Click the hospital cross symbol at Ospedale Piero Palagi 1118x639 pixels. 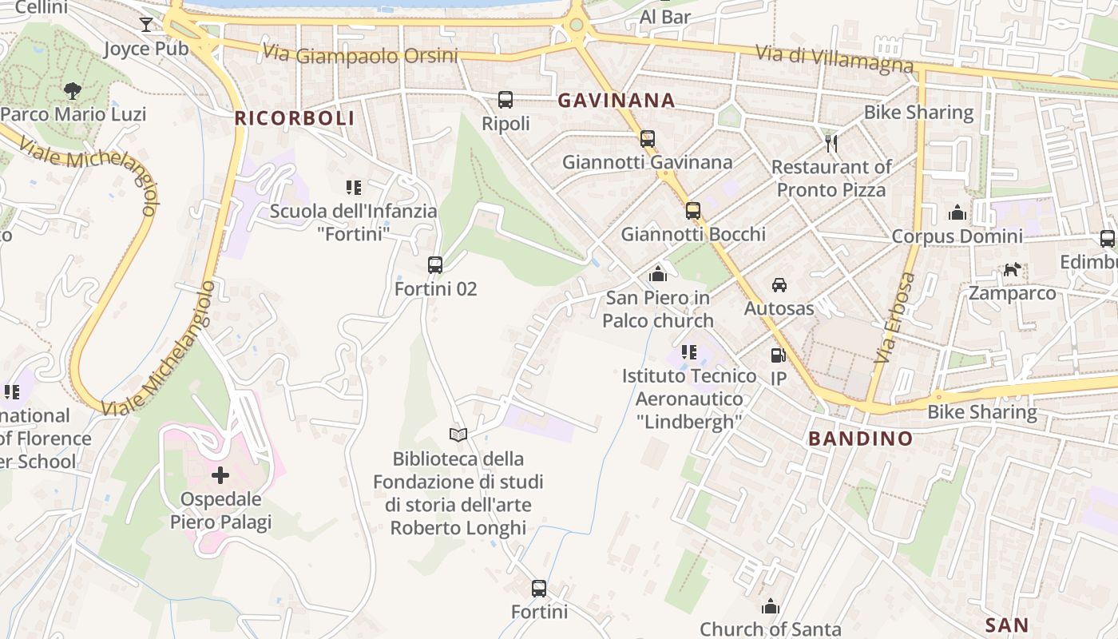tap(220, 476)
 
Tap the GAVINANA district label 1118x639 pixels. tap(616, 101)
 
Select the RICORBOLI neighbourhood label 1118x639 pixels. tap(294, 119)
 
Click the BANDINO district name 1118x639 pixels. tap(860, 439)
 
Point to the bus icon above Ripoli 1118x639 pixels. tap(505, 100)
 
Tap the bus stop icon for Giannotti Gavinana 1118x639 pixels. tap(647, 139)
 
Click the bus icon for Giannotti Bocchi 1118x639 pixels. tap(692, 211)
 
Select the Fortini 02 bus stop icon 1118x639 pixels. tap(435, 265)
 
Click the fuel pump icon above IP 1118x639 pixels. tap(778, 355)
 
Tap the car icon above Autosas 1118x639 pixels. tap(779, 285)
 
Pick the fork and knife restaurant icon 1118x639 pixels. tap(831, 144)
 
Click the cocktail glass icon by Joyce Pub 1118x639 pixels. tap(145, 25)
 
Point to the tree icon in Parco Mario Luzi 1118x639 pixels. tap(73, 91)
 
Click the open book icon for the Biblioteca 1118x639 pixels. tap(458, 435)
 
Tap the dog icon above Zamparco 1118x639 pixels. tap(1012, 270)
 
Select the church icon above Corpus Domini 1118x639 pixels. tap(957, 212)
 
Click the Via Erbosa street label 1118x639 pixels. tap(894, 317)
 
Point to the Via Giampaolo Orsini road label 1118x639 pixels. tap(360, 54)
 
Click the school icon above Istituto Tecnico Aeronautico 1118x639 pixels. tap(688, 352)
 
